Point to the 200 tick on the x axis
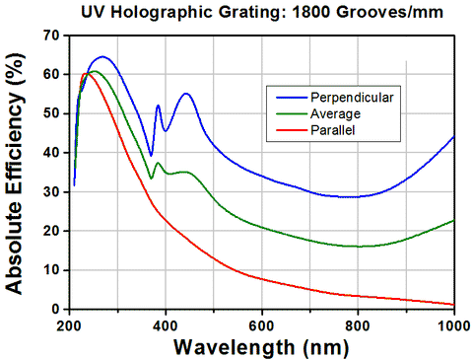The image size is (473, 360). (x=69, y=323)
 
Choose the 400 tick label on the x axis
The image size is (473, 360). (x=166, y=323)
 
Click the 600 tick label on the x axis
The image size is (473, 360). (x=261, y=323)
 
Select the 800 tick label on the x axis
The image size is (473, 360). (x=358, y=323)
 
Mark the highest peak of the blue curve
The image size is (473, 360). (x=101, y=57)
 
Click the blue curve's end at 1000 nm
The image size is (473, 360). (x=453, y=136)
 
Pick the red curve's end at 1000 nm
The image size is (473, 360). (x=453, y=305)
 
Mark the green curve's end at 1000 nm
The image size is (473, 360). (x=453, y=220)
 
